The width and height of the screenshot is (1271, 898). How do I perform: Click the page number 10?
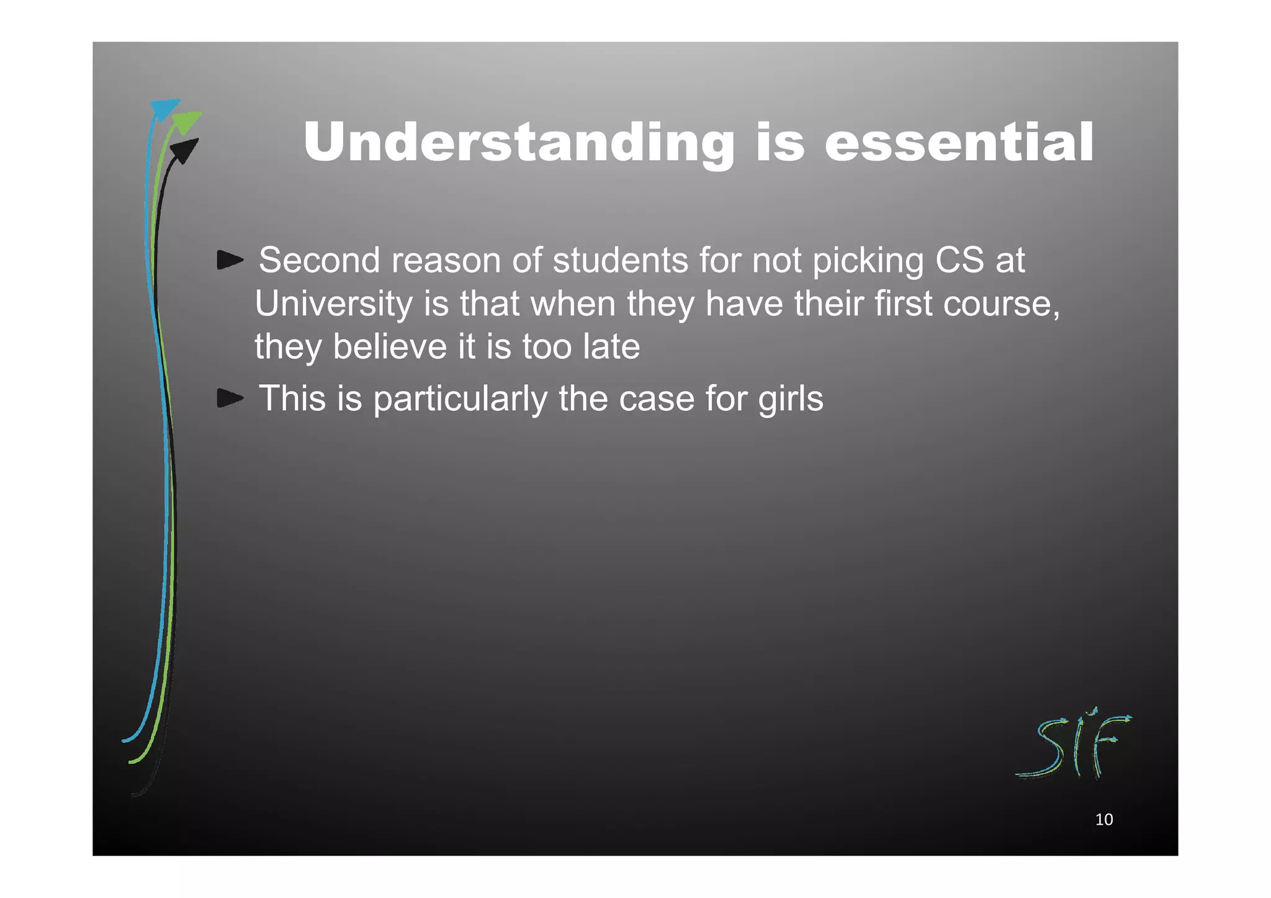[1104, 820]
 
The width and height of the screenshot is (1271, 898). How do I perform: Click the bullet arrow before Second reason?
[230, 260]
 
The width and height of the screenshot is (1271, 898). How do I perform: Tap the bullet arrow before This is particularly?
[230, 398]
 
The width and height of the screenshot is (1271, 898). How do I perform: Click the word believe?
[390, 346]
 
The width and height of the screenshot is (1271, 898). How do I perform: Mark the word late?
[611, 346]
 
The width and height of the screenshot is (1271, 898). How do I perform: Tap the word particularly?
[460, 398]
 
